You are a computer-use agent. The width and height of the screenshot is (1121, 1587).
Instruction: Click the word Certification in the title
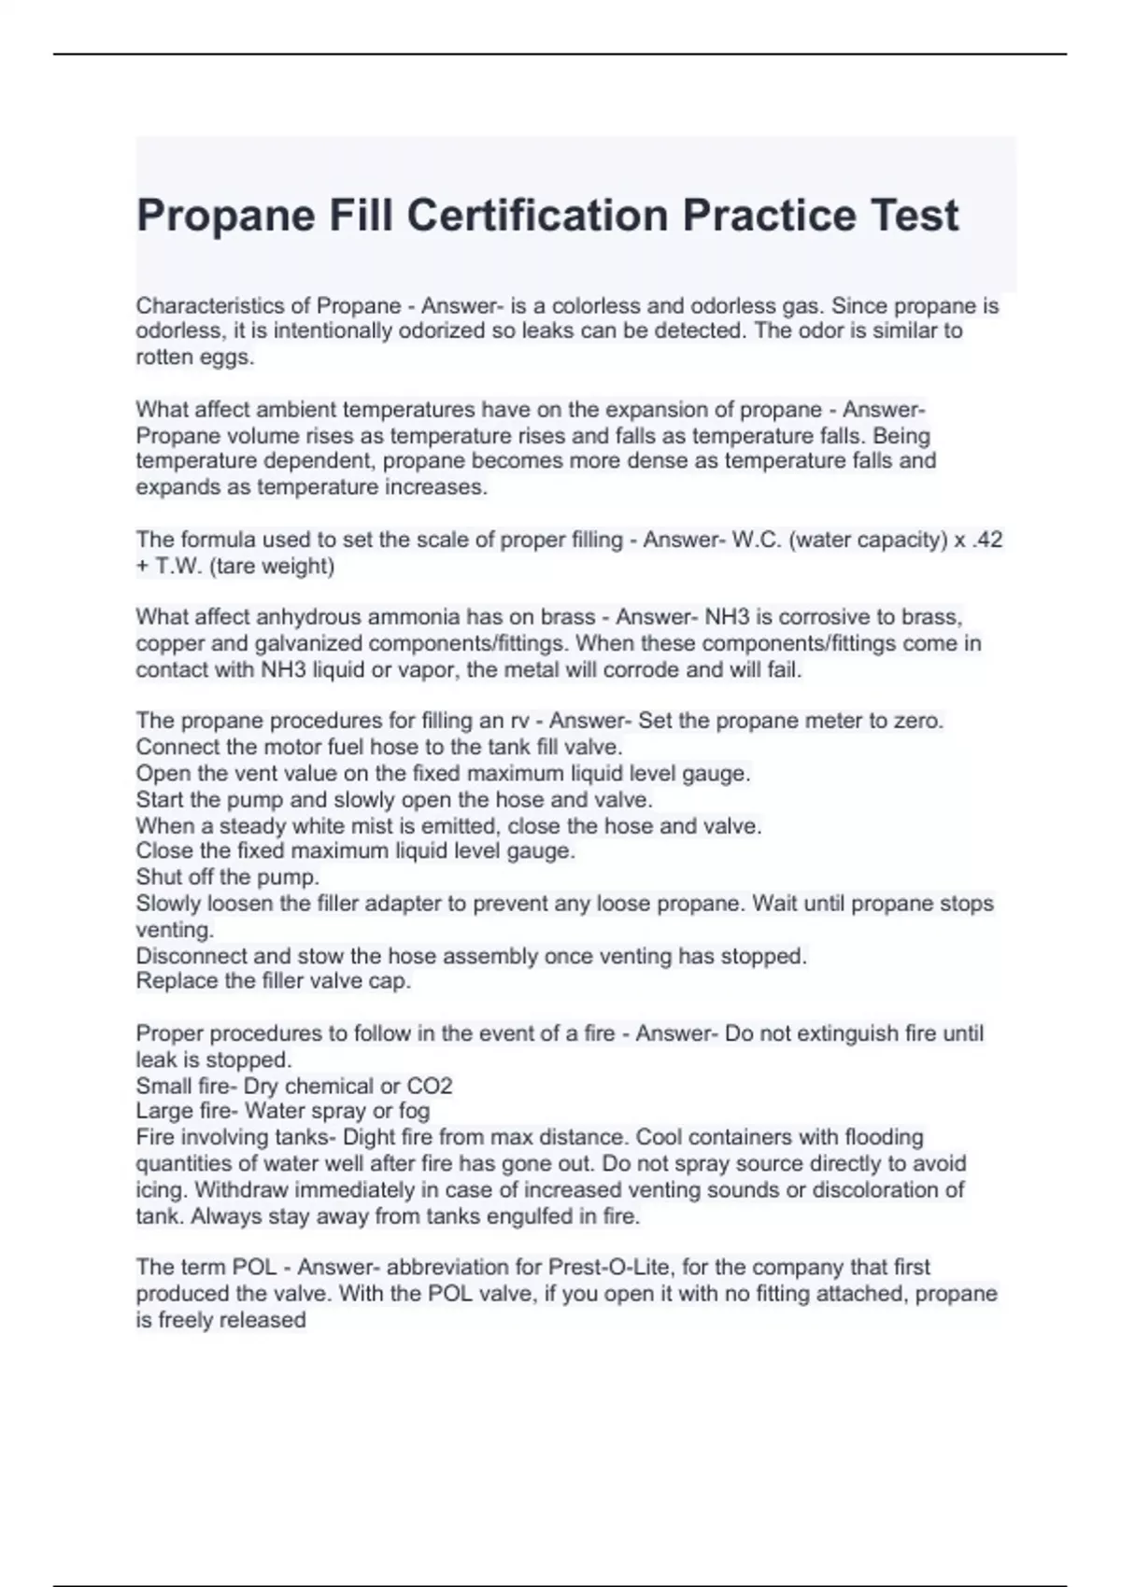[x=536, y=216]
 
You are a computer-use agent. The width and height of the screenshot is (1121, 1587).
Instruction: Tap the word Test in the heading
[x=914, y=216]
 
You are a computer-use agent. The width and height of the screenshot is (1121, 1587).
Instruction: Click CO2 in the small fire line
[x=430, y=1087]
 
